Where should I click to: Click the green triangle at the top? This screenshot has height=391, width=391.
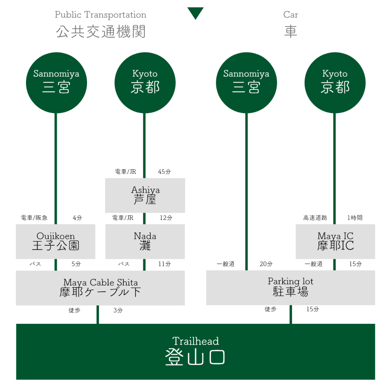(x=195, y=13)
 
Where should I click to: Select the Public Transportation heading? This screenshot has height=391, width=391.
(x=100, y=15)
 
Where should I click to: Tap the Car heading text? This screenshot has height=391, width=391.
(x=291, y=15)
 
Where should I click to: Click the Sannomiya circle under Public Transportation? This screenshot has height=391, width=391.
(x=56, y=82)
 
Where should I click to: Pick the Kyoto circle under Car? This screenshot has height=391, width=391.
(x=335, y=82)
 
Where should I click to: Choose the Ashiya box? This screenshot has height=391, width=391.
(x=145, y=195)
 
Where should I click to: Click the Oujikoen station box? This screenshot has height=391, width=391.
(x=56, y=241)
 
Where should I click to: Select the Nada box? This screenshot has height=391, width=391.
(x=145, y=241)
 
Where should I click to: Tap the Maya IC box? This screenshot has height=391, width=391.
(x=335, y=241)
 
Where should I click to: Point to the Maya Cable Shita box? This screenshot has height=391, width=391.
(x=100, y=288)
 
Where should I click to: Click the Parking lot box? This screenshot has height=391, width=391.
(x=291, y=288)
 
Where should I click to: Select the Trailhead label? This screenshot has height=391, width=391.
(x=195, y=341)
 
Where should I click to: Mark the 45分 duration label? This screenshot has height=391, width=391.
(x=165, y=172)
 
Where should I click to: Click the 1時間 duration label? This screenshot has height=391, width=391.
(x=355, y=218)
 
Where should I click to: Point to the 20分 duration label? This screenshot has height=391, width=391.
(x=266, y=264)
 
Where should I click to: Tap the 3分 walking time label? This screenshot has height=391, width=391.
(x=118, y=310)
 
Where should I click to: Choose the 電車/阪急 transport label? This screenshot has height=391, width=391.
(x=34, y=218)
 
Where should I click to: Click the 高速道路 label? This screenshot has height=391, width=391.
(x=315, y=218)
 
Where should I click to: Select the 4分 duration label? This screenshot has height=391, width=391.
(x=77, y=218)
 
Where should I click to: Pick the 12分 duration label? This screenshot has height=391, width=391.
(x=166, y=218)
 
